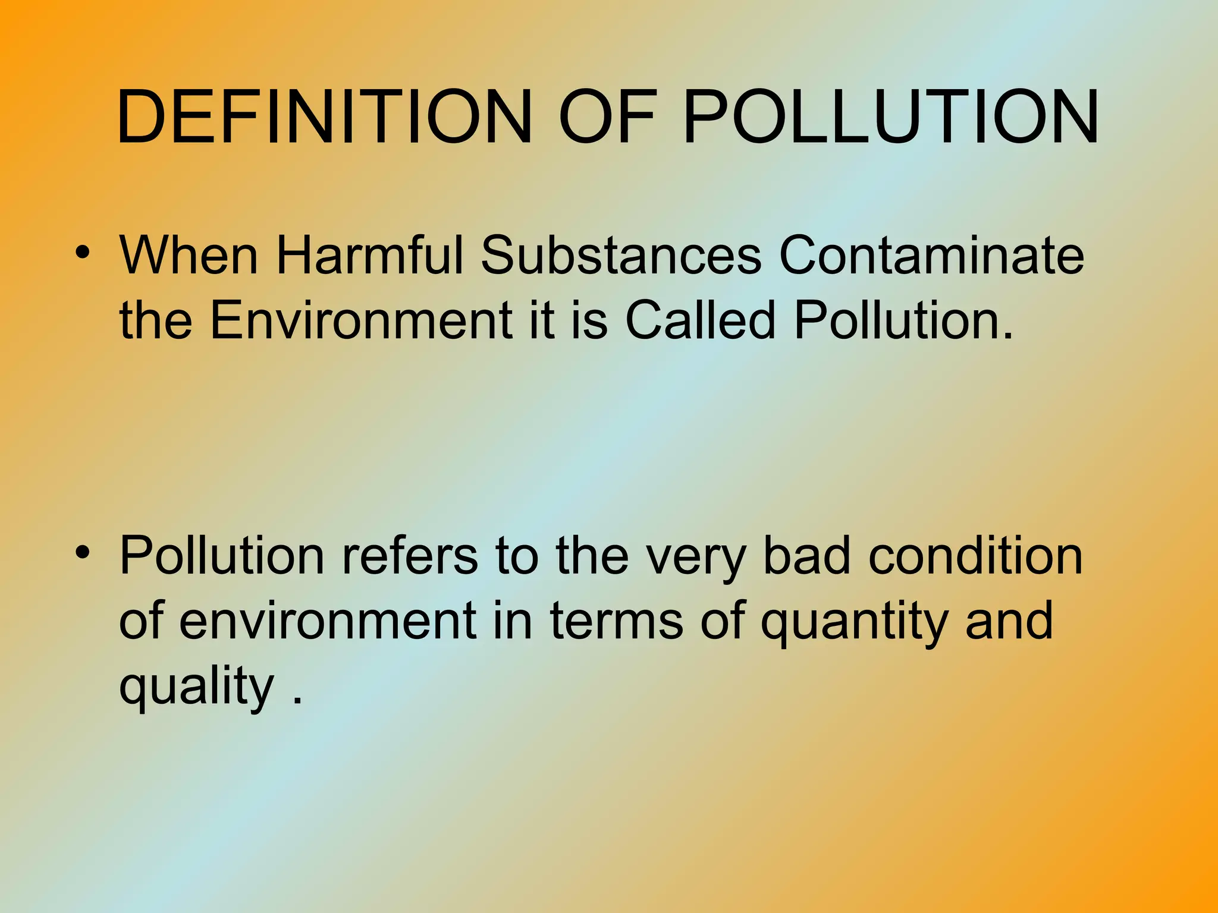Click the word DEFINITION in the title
coord(325,117)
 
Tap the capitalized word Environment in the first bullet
coord(361,320)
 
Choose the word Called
coord(701,320)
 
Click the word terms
coord(616,621)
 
